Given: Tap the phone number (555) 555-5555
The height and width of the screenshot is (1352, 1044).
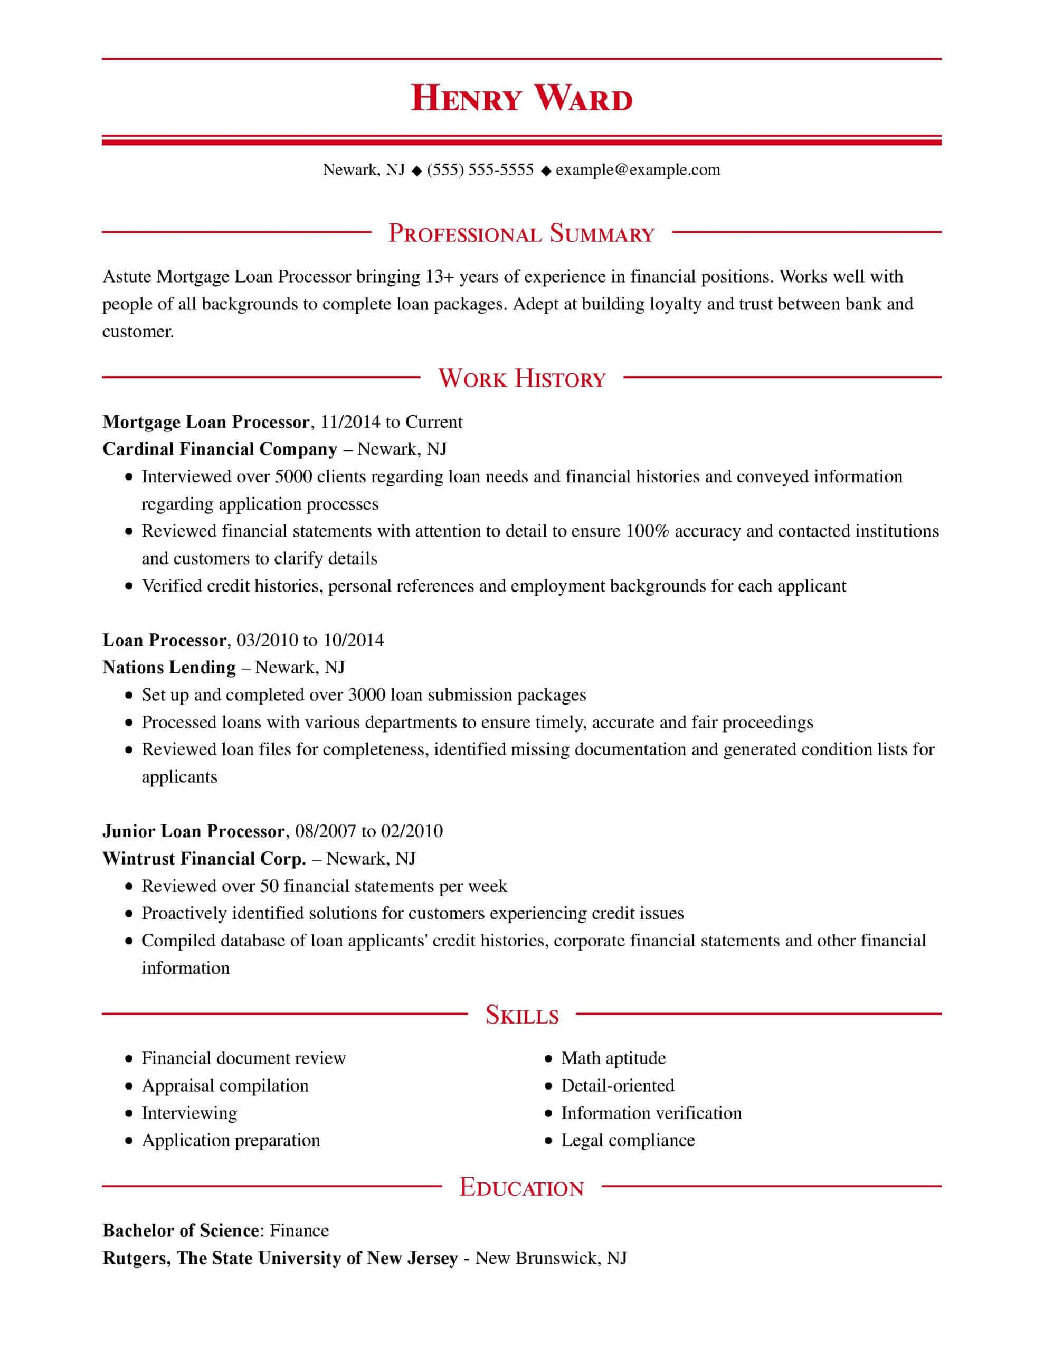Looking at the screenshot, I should [480, 170].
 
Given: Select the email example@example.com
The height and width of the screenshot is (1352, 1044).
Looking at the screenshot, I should [638, 170].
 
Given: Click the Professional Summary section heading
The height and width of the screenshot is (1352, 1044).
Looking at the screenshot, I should [521, 234].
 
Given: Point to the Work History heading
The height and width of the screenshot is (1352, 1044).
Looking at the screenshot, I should [521, 378].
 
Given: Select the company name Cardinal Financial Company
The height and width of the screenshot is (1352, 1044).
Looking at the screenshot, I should [220, 449].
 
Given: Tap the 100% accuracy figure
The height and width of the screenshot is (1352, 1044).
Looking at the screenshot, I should [647, 531].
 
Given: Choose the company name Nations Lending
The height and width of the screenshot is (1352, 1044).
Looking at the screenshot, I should [169, 668].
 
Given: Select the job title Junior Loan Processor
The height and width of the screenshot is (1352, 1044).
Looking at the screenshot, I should [193, 831].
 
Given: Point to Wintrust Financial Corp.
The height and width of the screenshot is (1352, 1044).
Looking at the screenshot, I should [204, 859].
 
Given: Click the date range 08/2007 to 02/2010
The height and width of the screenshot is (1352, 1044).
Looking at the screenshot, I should [369, 831].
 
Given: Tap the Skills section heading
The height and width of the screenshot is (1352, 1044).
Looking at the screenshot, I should [521, 1015].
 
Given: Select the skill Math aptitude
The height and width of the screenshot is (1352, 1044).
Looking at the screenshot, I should [613, 1058].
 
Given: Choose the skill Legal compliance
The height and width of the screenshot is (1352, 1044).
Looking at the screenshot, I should [628, 1140].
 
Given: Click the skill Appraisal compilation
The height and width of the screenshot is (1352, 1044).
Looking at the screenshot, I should [225, 1085].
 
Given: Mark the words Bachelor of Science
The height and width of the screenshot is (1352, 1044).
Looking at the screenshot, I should [180, 1231].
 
